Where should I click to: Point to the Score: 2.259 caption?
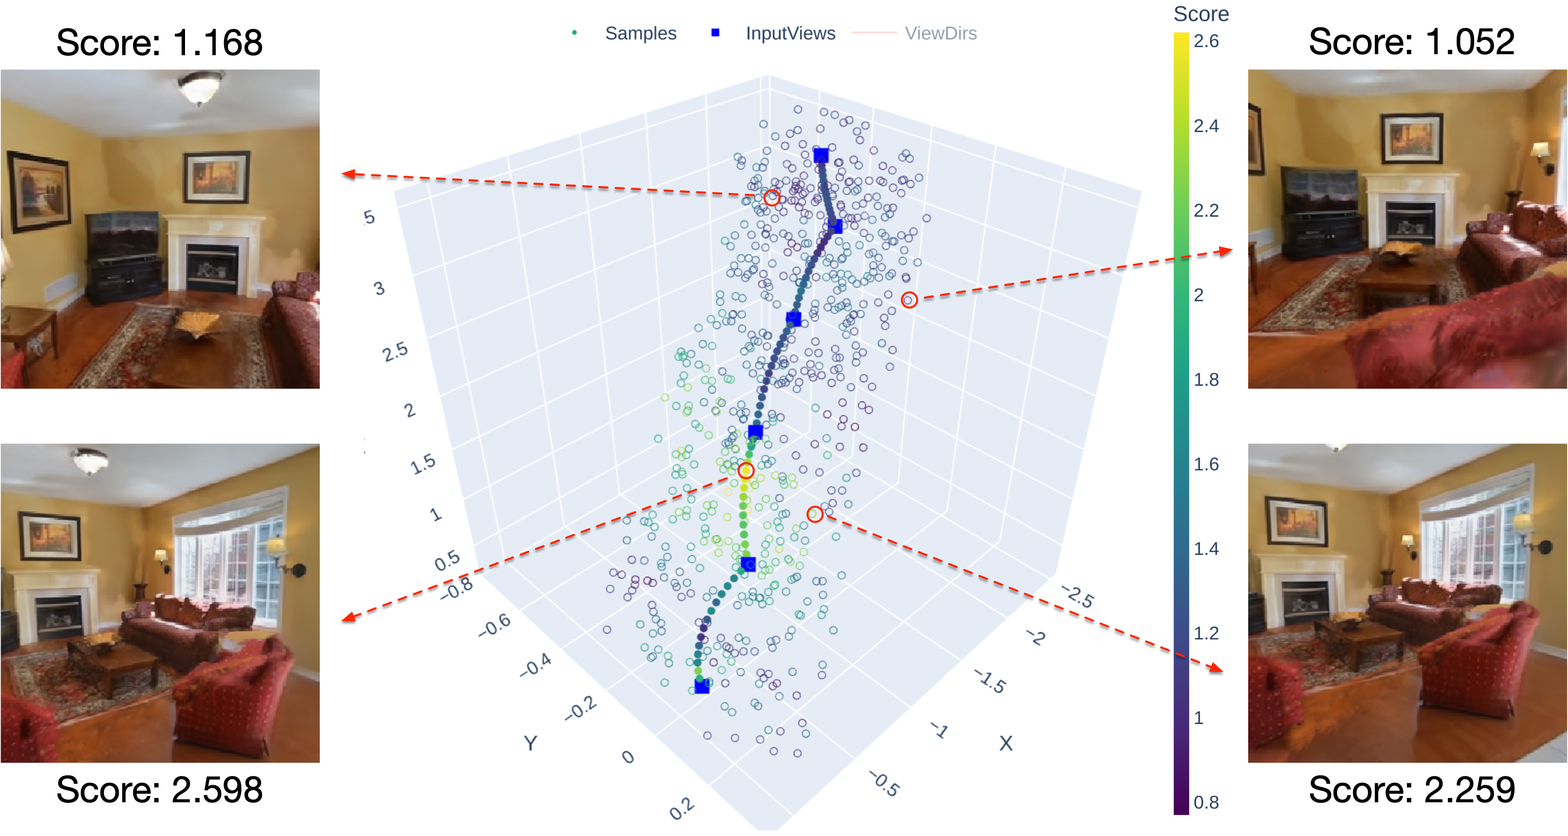[x=1411, y=790]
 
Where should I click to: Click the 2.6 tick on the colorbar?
[x=1206, y=42]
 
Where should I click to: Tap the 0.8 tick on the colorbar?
[x=1206, y=802]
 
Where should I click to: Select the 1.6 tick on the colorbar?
[x=1206, y=464]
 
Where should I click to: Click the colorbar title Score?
[x=1200, y=13]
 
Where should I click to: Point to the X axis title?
[x=1006, y=743]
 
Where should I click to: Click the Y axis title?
[x=531, y=743]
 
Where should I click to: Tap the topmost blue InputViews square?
[x=821, y=155]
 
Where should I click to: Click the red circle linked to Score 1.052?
[x=909, y=299]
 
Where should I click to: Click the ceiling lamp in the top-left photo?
[x=199, y=88]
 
